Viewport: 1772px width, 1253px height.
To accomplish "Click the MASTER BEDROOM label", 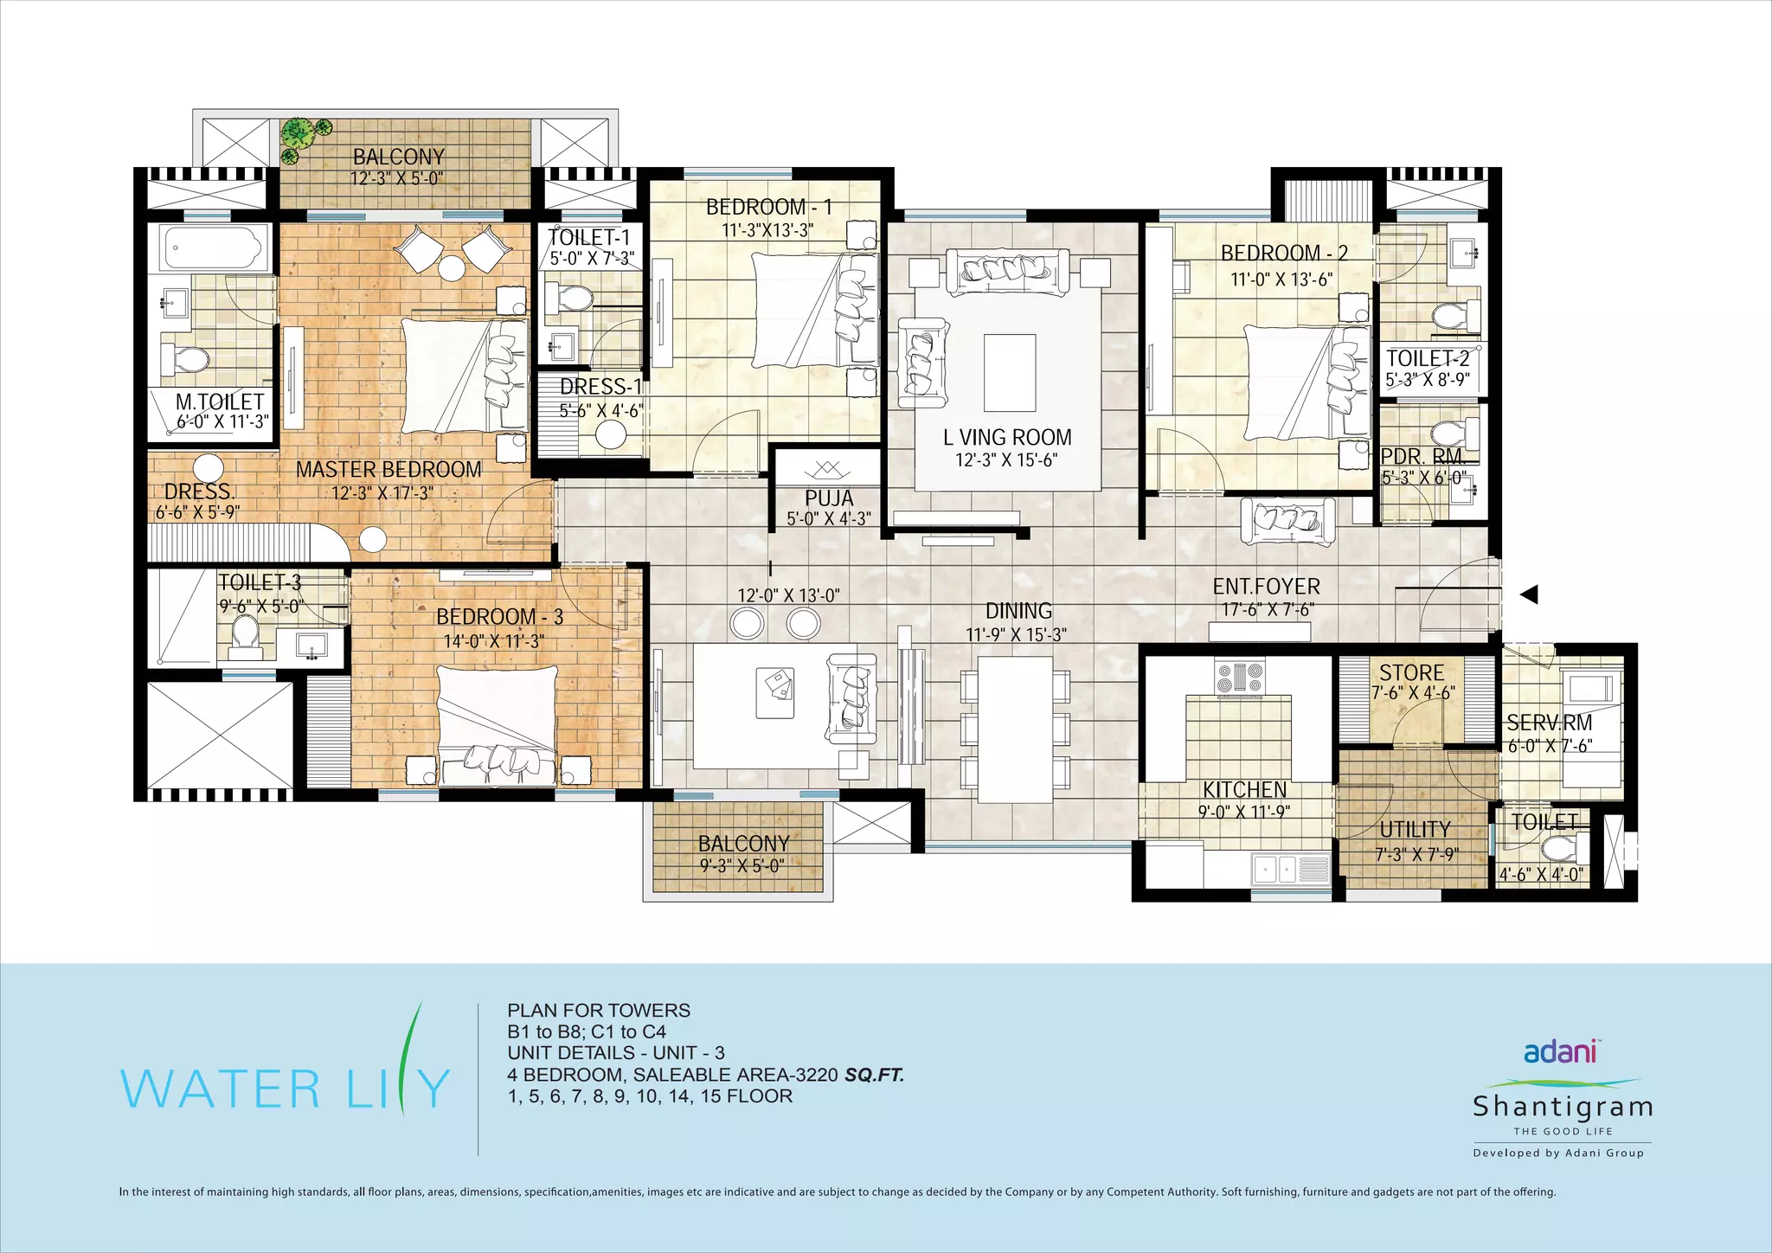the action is (388, 470).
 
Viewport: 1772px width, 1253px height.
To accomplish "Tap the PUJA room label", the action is (829, 498).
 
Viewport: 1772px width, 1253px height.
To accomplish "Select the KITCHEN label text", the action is (1244, 789).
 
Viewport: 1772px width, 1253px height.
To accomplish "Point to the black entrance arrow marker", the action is (1529, 594).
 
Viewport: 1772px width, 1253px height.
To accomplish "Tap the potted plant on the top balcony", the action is (301, 138).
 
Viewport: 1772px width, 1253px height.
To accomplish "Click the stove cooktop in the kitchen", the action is (1240, 677).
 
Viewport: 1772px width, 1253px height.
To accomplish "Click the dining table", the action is (1015, 729).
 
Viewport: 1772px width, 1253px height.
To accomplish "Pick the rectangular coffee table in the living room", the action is (1010, 373).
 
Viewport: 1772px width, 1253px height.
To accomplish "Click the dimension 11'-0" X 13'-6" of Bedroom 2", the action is (1281, 280).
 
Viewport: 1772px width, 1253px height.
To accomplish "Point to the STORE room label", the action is (1411, 672).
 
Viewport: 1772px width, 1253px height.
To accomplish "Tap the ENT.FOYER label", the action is (1266, 587).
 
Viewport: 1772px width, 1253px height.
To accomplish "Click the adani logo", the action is (1560, 1051).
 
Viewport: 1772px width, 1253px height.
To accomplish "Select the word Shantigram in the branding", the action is (1563, 1107).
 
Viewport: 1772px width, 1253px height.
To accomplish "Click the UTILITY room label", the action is (1415, 829).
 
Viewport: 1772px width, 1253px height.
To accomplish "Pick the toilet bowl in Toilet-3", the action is (246, 632).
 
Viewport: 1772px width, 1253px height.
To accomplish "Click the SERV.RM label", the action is (1550, 723).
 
